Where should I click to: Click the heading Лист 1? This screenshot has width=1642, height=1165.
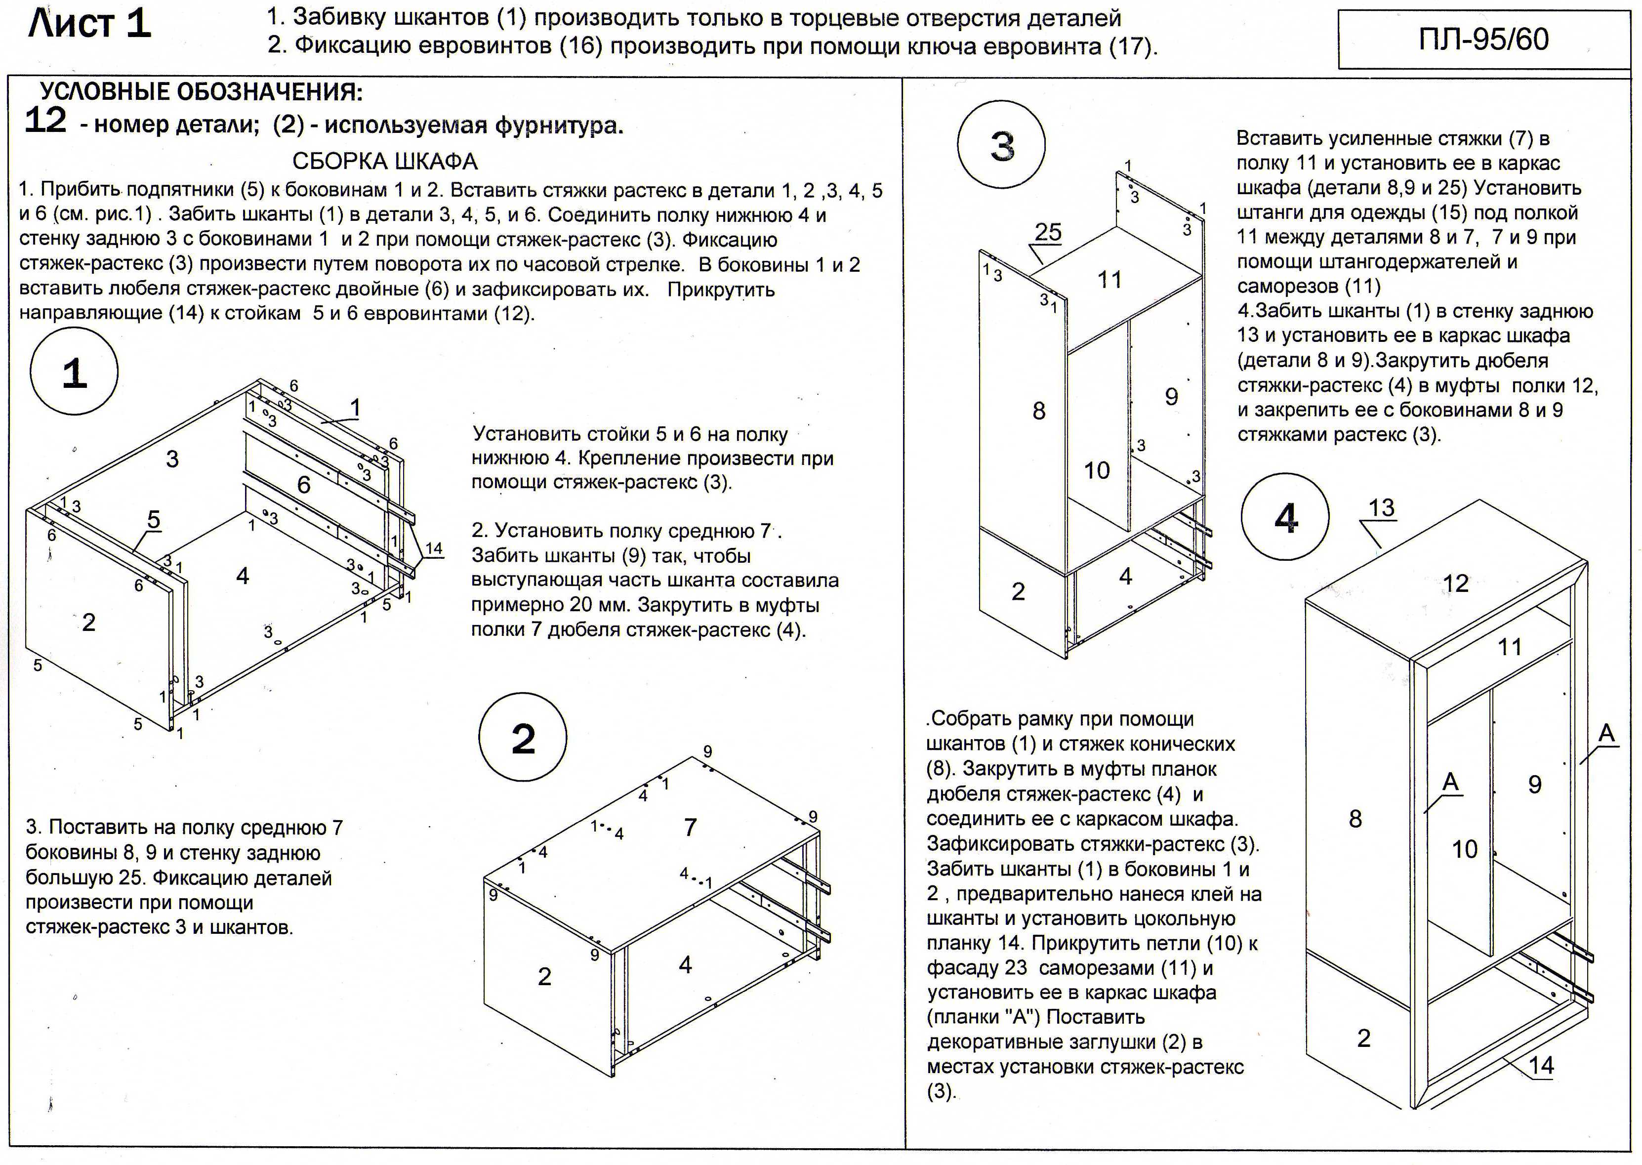point(89,24)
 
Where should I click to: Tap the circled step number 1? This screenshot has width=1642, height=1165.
point(74,372)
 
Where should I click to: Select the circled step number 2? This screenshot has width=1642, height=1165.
point(523,738)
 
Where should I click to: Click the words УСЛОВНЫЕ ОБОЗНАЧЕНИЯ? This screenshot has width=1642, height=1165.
point(201,92)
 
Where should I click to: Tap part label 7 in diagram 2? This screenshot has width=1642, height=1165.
point(690,827)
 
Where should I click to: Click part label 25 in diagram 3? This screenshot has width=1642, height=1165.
point(1048,232)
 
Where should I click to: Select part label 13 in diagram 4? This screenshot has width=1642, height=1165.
point(1381,508)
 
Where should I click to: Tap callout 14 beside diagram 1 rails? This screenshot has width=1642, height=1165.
point(434,549)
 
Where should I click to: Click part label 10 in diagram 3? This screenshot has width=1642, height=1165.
point(1096,470)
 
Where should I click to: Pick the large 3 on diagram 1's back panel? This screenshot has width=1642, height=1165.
point(172,459)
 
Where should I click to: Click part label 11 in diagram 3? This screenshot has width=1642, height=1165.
point(1109,280)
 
